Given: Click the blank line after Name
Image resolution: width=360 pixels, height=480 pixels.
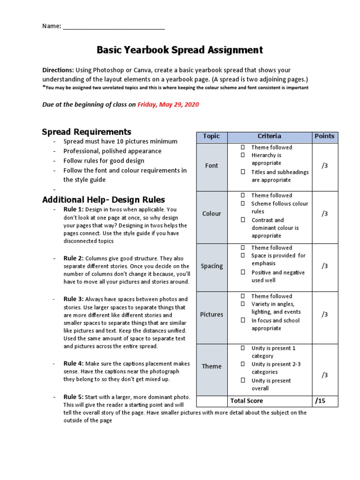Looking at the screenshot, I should pos(114,27).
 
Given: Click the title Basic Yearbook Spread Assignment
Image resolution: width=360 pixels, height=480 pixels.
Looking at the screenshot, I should pos(180,50).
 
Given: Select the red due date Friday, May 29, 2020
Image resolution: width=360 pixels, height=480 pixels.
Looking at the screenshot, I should pos(168,105).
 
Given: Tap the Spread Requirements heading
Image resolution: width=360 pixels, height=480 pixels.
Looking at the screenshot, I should pos(87,132).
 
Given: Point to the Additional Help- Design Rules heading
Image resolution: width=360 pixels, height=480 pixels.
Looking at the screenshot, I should pos(104,200).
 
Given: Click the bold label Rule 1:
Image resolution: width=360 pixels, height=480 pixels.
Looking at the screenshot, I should pos(74,210).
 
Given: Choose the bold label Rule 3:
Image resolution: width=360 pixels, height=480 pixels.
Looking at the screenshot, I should pos(74,299).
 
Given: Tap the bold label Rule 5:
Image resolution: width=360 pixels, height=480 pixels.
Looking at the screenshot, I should pos(74,397).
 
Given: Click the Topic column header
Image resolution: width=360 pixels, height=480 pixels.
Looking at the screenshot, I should pos(211,136).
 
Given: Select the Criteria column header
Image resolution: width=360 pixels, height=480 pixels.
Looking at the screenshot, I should pos(270,136).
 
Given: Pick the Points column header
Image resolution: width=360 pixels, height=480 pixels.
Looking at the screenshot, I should pos(324,136).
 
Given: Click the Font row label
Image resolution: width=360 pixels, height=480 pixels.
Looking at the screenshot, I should pos(211,165).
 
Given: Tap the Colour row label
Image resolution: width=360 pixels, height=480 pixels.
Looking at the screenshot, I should pos(211,214).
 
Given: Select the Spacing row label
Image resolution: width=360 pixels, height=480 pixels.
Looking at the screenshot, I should pos(211,266).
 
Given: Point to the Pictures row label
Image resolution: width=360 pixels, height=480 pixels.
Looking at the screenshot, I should pos(211,315).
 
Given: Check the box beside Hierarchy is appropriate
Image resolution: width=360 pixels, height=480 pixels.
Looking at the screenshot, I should pos(243,155).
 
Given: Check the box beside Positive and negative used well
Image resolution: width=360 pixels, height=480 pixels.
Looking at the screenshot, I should pos(243,272).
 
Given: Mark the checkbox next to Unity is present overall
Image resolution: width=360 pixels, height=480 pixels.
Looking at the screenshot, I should pos(243,381).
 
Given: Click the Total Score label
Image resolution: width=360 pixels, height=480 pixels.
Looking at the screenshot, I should pos(247,401).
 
